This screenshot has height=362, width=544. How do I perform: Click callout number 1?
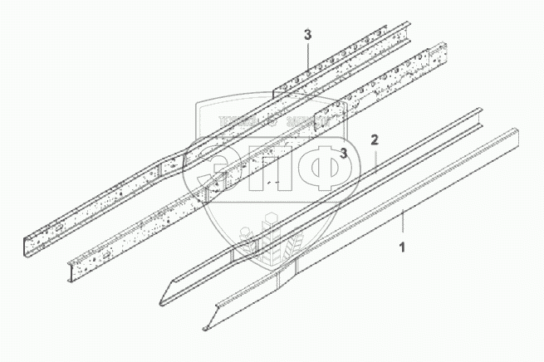[x=403, y=247]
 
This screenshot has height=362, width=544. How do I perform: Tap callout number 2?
[x=375, y=140]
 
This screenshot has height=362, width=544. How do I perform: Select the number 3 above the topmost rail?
[x=307, y=35]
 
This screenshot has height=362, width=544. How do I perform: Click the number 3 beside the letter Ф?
[x=343, y=152]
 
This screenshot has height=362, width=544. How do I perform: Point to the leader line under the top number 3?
[x=307, y=57]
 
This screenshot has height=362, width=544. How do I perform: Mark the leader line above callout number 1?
[x=403, y=224]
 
